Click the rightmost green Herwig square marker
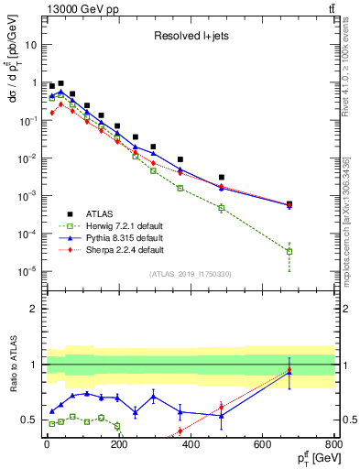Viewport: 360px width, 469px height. tap(289, 251)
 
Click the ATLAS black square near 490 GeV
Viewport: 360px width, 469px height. tap(222, 177)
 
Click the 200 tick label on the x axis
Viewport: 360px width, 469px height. tap(118, 445)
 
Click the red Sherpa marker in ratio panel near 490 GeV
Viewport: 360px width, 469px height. tap(222, 407)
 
